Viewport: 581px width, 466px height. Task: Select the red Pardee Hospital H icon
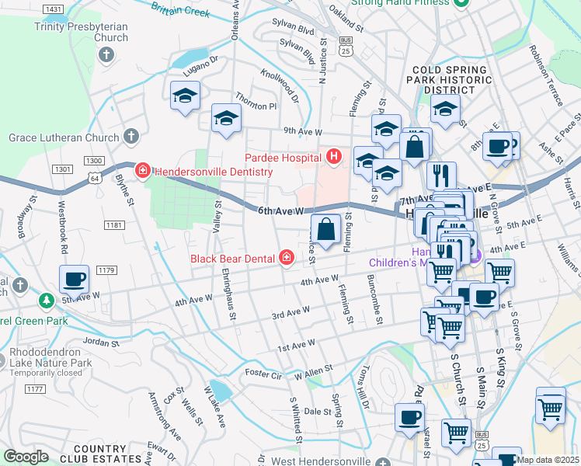[x=334, y=158]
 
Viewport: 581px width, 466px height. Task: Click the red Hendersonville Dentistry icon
[x=142, y=170]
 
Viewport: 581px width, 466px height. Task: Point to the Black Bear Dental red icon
[x=287, y=258]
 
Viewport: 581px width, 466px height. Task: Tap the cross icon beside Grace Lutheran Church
[x=131, y=137]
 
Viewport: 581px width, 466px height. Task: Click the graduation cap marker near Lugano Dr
[x=185, y=96]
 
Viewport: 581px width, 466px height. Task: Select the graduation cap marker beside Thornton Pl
[x=226, y=119]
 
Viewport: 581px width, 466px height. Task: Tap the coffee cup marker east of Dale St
[x=409, y=418]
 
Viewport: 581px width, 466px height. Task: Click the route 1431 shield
[x=54, y=9]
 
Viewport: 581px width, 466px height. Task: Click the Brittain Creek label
[x=180, y=10]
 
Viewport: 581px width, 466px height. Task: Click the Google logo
[x=26, y=457]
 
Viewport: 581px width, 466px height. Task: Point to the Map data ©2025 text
[x=548, y=460]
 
